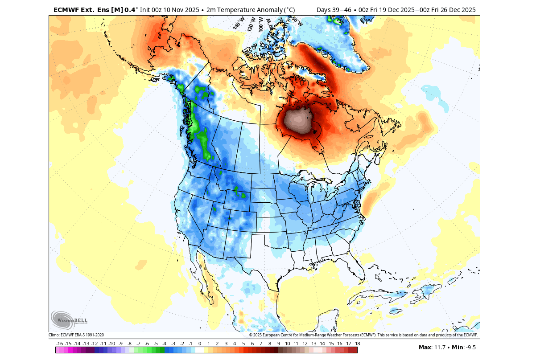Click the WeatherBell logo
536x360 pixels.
pyautogui.click(x=69, y=319)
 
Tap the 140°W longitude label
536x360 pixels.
pyautogui.click(x=239, y=23)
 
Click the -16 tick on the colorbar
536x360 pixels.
pyautogui.click(x=60, y=344)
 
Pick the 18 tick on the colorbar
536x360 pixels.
pyautogui.click(x=357, y=344)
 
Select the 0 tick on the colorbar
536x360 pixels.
pyautogui.click(x=200, y=344)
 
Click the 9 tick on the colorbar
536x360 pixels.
pyautogui.click(x=279, y=344)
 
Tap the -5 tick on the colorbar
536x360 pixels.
pyautogui.click(x=156, y=344)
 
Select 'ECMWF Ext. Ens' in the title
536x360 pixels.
pyautogui.click(x=82, y=9)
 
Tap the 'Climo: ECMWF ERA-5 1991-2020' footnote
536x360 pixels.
pyautogui.click(x=76, y=335)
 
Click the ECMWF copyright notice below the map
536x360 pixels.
pyautogui.click(x=363, y=335)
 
